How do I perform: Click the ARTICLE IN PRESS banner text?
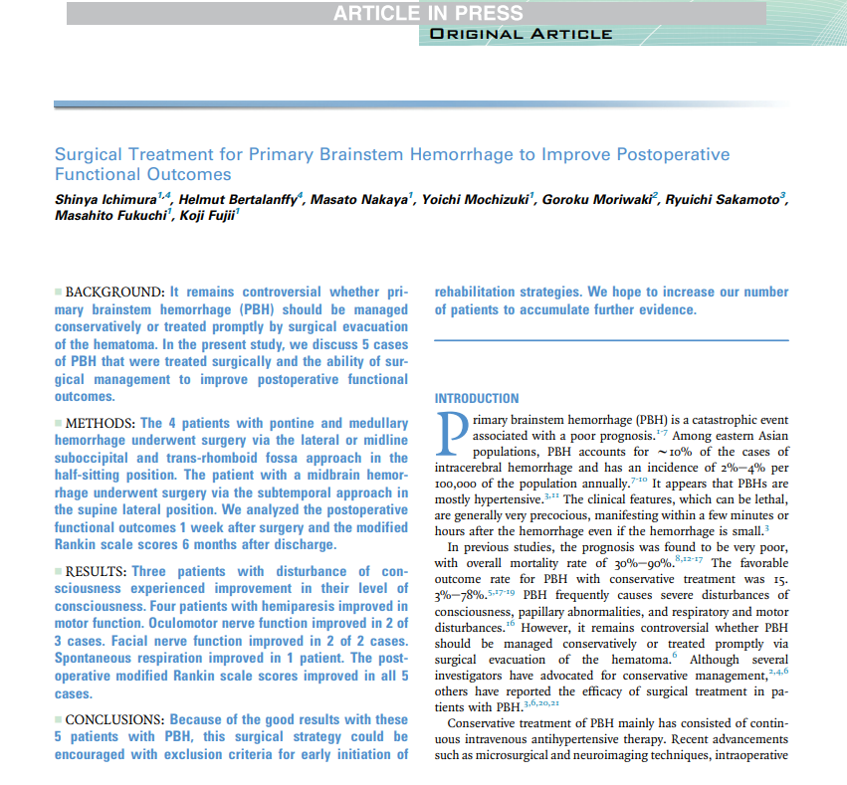click(x=427, y=13)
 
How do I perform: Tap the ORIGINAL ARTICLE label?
click(x=521, y=35)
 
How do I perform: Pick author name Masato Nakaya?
click(x=358, y=200)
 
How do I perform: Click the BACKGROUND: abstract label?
click(x=114, y=293)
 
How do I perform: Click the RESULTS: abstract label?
click(x=98, y=571)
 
